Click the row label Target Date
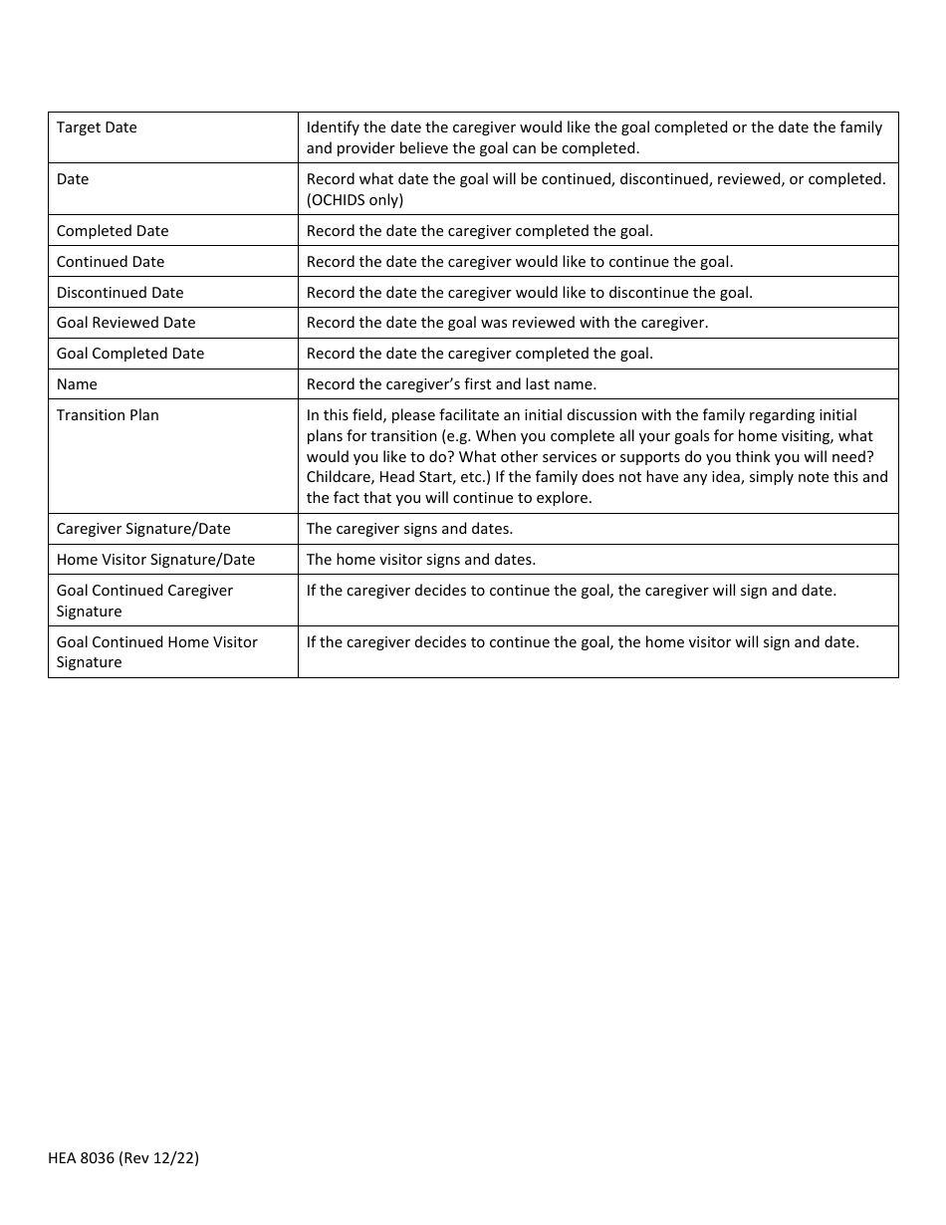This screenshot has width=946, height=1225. [x=97, y=127]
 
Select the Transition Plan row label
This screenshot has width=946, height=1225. [x=108, y=415]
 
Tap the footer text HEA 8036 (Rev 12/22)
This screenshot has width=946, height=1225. [x=123, y=1157]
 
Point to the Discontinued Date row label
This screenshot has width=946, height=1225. [x=119, y=293]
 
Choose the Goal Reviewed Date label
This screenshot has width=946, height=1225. [x=125, y=323]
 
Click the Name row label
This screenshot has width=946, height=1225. [x=77, y=384]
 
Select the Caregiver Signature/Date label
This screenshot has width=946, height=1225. [x=143, y=529]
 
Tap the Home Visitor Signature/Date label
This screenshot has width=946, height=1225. [x=155, y=560]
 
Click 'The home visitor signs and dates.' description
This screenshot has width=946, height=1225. [x=420, y=560]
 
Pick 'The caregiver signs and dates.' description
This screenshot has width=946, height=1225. [x=409, y=529]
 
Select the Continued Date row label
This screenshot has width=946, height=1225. [x=111, y=262]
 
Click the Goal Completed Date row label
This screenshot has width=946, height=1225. [x=130, y=354]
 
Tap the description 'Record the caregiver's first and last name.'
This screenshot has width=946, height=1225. [x=451, y=384]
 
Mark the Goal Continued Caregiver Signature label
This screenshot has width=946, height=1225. [x=144, y=601]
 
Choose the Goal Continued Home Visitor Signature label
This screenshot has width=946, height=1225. [x=156, y=652]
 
